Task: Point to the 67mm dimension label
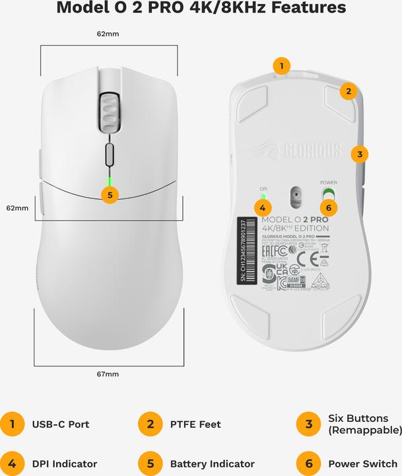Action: (x=108, y=374)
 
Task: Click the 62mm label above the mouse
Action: (x=108, y=32)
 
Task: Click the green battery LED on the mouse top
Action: (x=109, y=180)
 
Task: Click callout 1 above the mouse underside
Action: (x=282, y=65)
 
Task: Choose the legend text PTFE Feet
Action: (x=195, y=424)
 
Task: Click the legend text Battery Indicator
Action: (x=212, y=463)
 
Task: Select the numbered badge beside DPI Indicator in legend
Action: (x=11, y=463)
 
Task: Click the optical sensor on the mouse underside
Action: (x=295, y=195)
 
